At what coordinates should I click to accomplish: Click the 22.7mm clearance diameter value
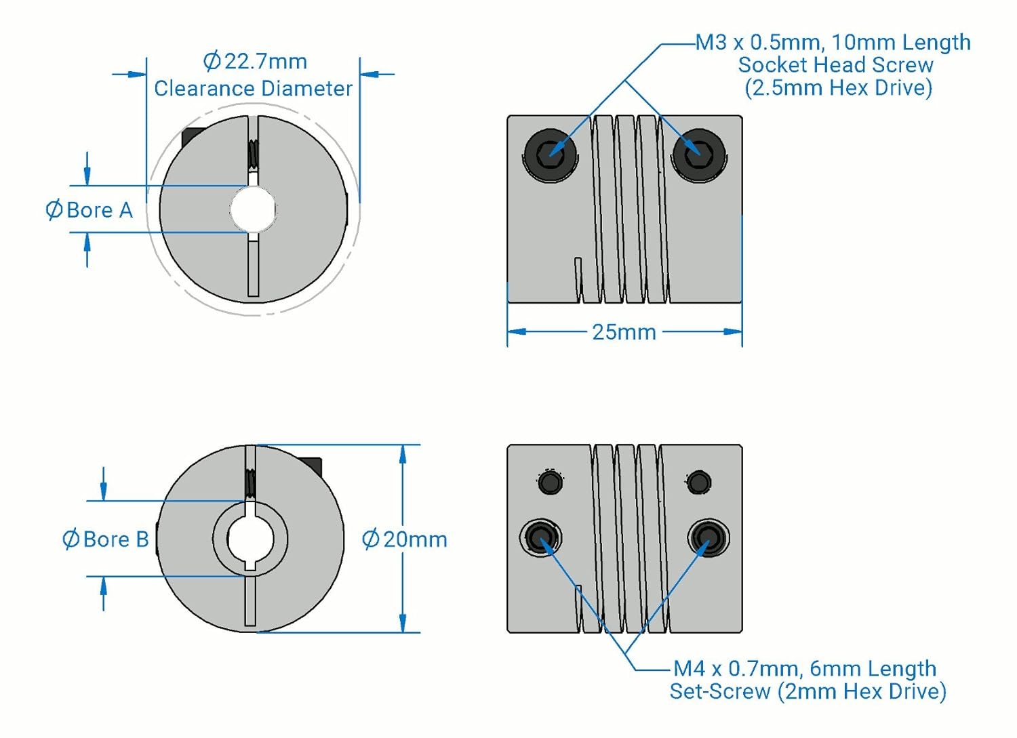256,62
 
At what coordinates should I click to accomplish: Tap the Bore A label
89,210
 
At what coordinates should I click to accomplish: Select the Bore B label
106,539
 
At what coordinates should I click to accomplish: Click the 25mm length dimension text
624,332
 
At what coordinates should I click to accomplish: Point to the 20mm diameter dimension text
405,539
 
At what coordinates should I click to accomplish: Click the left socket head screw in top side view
550,154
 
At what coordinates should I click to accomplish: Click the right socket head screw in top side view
698,154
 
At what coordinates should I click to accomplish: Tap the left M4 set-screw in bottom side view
540,537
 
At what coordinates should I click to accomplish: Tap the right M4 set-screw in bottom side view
708,537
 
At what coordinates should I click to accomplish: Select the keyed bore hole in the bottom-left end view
250,539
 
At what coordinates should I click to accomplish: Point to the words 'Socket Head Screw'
835,65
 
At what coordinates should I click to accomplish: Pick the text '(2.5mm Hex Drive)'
838,87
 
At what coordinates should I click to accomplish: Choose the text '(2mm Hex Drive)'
862,691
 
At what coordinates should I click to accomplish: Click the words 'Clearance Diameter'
253,88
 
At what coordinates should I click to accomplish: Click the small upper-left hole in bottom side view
550,482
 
